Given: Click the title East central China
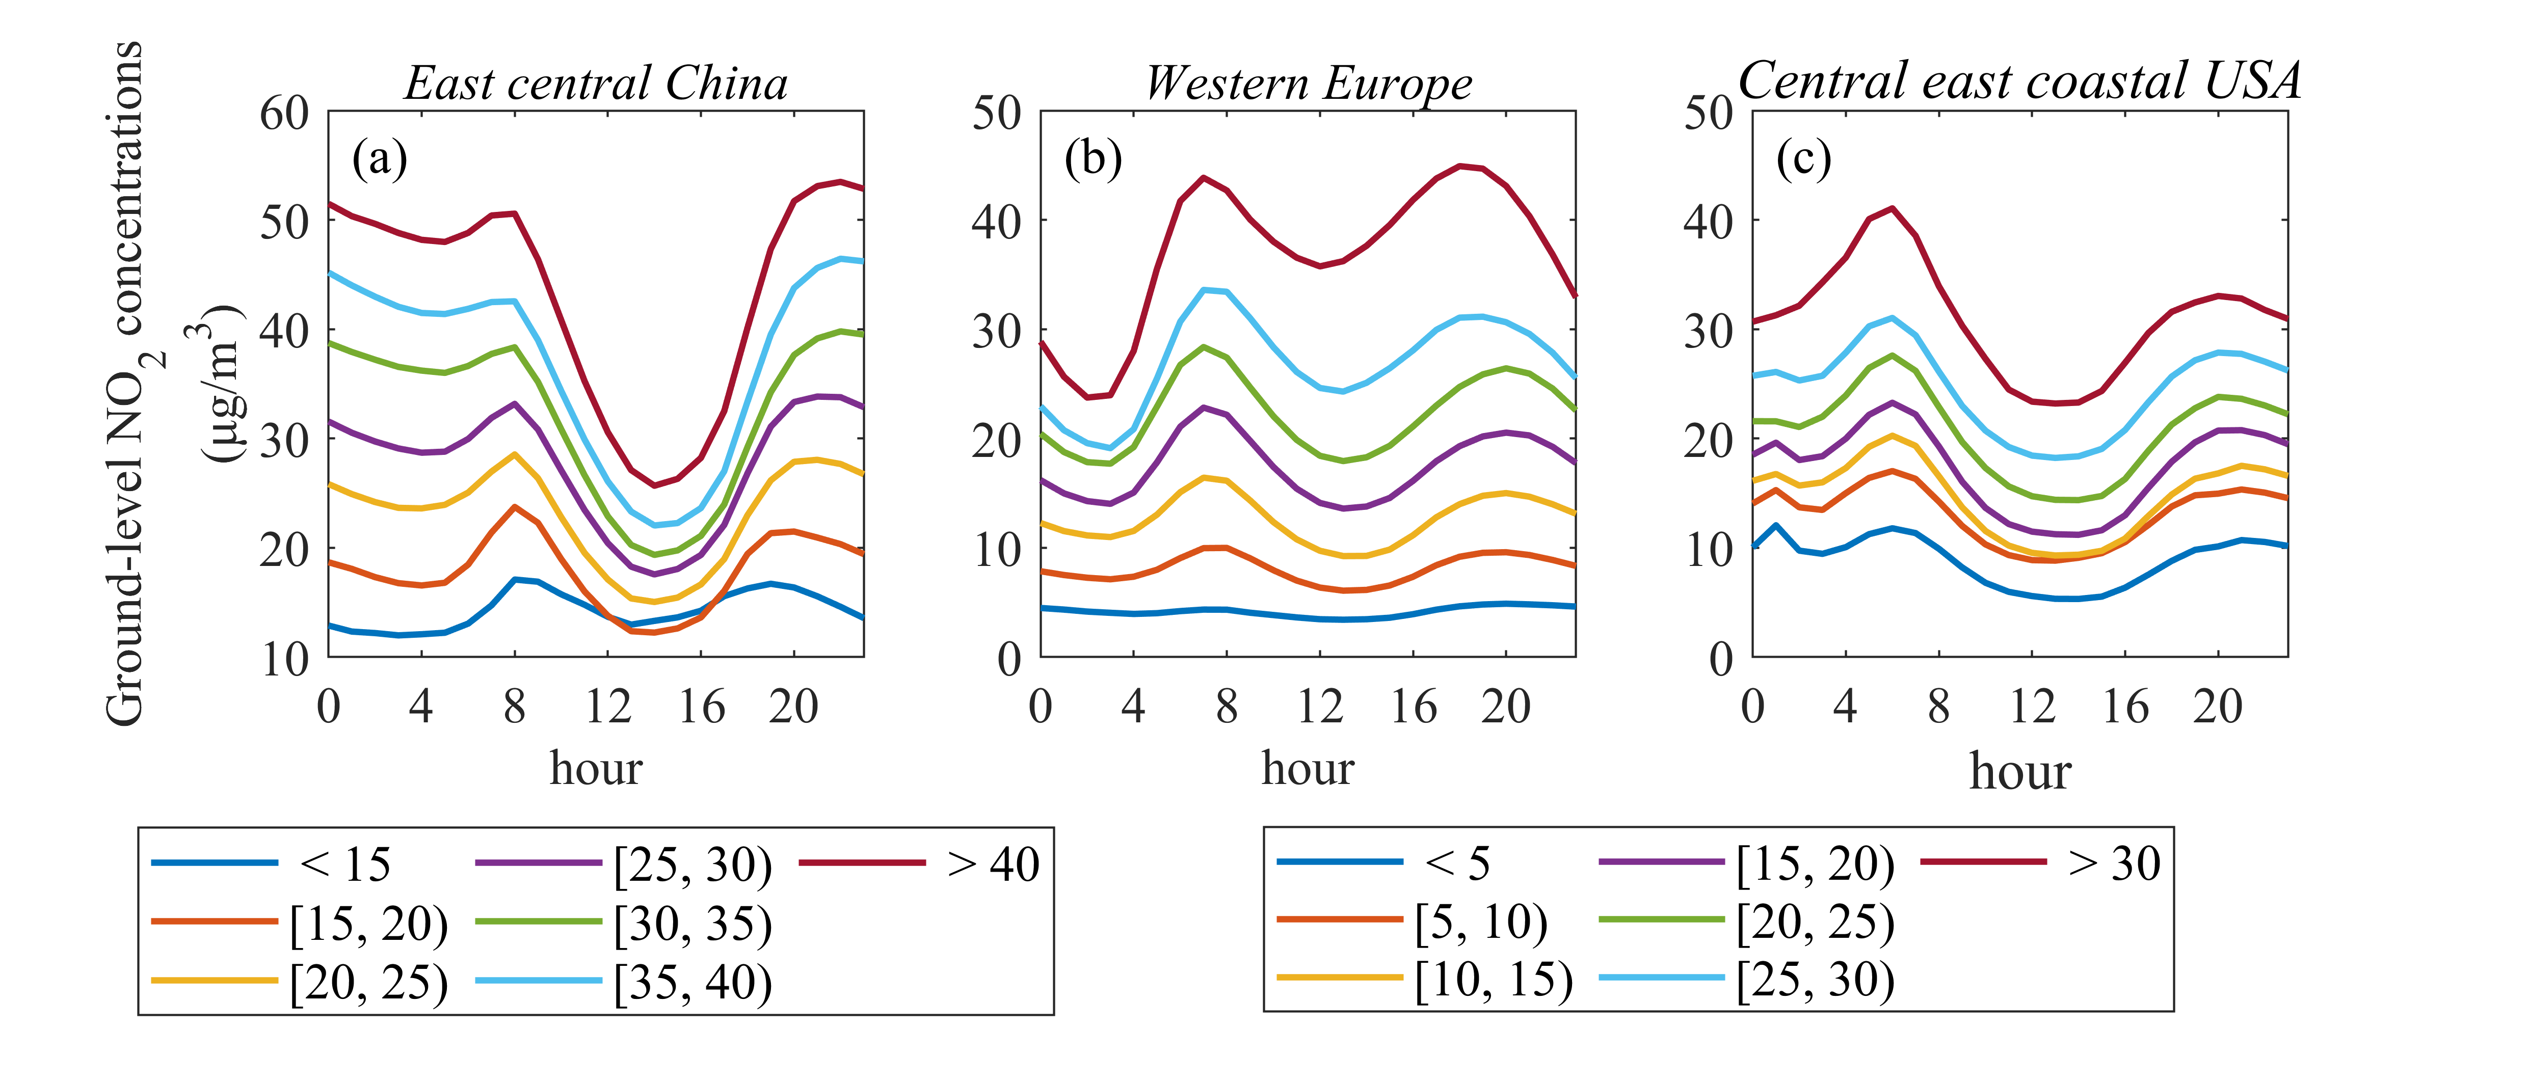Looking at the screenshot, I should click(596, 84).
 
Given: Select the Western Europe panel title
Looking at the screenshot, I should click(1308, 84).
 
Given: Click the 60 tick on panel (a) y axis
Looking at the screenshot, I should click(284, 114).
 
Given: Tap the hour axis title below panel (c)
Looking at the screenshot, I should click(2019, 771).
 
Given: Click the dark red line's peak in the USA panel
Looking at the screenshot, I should click(1892, 208).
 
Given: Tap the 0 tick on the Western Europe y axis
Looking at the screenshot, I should click(1009, 659).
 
